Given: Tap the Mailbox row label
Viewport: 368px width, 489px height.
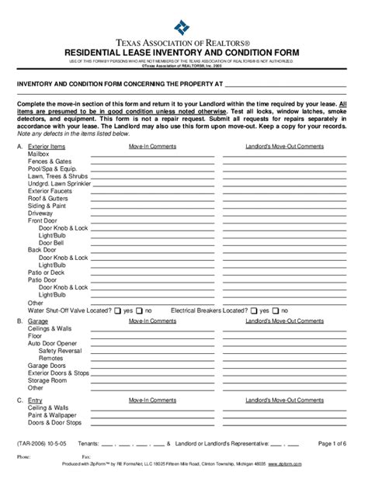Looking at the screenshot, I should tap(38, 154).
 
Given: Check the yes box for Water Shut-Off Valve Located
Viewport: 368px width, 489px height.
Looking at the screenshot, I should tap(119, 310).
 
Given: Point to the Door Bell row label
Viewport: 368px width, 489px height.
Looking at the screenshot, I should tap(50, 242).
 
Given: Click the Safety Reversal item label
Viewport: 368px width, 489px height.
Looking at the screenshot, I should tap(60, 351).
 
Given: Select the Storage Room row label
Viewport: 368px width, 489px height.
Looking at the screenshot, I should tap(47, 380).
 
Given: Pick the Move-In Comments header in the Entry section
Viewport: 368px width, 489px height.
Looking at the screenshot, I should tap(152, 401).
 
